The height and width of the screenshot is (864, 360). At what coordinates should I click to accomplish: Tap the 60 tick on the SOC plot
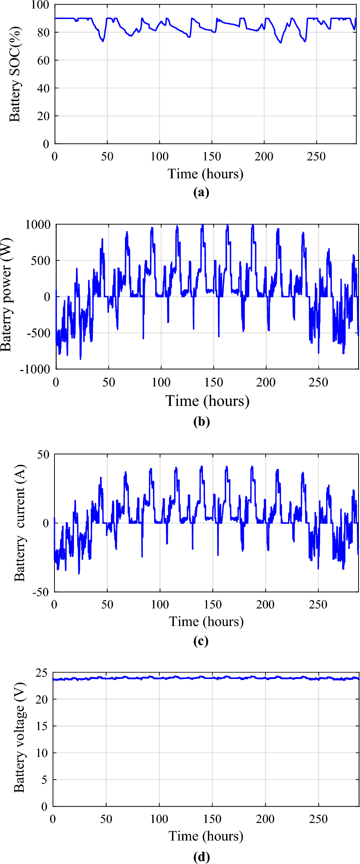point(43,60)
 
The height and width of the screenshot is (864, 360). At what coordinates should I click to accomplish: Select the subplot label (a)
point(201,192)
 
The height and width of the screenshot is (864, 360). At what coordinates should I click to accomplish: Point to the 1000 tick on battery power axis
point(38,225)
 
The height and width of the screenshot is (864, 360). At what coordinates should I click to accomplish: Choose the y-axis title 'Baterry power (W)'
point(6,295)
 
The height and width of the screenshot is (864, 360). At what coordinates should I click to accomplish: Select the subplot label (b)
point(201,422)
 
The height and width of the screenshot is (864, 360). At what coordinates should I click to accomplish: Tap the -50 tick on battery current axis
point(41,592)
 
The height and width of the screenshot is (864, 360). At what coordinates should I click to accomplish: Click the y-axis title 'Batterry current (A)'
point(19,523)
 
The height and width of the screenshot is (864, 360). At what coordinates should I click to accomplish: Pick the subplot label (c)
point(201,641)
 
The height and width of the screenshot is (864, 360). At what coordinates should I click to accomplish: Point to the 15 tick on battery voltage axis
point(42,726)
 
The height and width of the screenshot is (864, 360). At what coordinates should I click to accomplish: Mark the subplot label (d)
point(201,857)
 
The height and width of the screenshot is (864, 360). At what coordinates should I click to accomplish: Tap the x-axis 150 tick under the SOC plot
point(212,156)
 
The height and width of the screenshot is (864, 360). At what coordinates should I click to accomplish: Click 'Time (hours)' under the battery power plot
point(207,401)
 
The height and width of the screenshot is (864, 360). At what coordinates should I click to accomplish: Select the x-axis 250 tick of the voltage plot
point(318,819)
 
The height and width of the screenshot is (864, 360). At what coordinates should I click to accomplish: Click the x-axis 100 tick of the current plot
point(160,604)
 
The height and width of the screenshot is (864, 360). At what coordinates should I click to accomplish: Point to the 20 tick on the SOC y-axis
point(43,116)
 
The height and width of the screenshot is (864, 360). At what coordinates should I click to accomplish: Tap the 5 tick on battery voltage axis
point(44,780)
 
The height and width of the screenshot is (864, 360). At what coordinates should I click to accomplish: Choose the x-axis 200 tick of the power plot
point(266,382)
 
